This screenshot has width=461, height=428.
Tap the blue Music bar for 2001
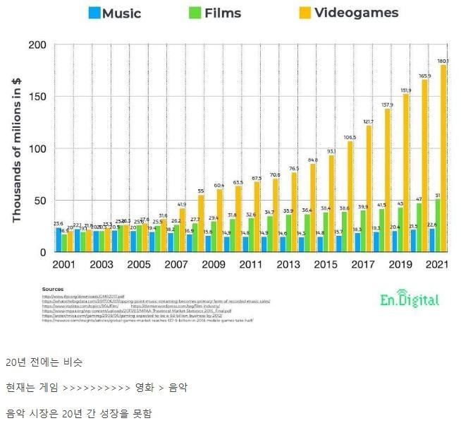point(59,239)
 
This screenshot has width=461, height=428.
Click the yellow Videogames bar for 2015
point(331,203)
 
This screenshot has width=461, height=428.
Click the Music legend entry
point(114,13)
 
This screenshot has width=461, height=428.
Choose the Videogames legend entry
point(348,13)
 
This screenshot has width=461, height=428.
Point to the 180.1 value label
point(443,61)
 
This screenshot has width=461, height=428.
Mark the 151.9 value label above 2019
point(405,90)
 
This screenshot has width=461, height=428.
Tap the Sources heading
point(53,289)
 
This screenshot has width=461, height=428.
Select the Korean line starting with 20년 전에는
point(44,362)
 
